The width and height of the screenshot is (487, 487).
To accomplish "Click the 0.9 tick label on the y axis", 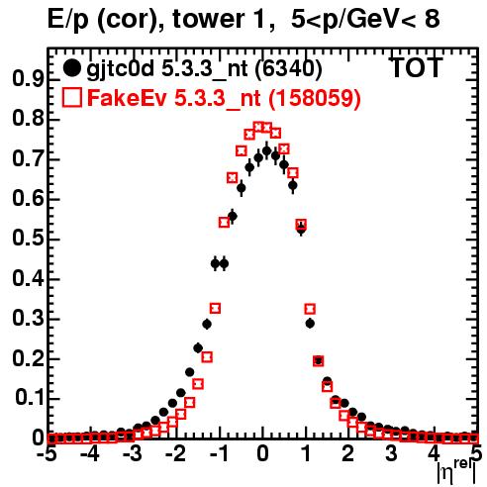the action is coord(28,79).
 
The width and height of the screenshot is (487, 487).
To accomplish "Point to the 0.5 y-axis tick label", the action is coord(28,238).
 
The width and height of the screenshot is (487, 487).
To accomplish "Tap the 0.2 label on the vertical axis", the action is coord(28,357).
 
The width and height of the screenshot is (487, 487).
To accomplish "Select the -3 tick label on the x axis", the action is coord(133,453).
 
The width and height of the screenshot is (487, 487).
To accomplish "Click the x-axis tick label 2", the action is coord(347,453).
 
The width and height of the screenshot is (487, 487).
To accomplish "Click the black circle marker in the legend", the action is coord(71,68).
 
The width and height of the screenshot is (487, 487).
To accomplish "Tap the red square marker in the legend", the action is coord(71,97).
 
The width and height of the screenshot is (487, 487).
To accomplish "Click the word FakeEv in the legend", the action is coord(127,98).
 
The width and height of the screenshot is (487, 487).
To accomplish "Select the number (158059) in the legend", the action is coord(315,98).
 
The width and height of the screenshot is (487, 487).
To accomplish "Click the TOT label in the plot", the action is coord(416,67).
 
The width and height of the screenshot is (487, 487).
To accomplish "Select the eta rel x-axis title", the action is coord(456,471).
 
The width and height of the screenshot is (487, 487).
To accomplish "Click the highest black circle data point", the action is coord(267,151).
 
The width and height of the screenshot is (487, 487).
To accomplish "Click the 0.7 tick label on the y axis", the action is coord(28,158).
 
